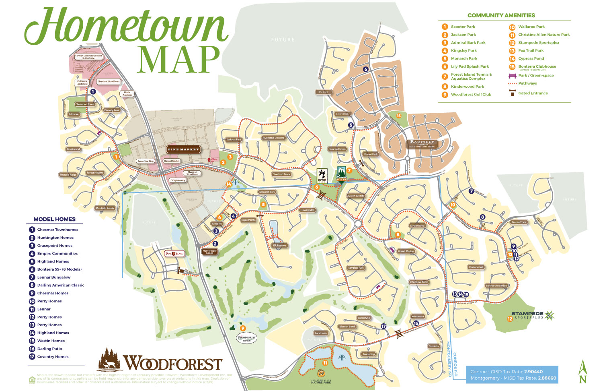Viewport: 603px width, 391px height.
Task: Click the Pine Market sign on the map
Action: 183,149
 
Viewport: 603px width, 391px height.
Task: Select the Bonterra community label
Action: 422,144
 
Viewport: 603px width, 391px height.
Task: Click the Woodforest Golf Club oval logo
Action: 246,338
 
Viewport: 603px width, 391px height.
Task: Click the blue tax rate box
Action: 512,375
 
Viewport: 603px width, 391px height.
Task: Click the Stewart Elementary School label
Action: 88,57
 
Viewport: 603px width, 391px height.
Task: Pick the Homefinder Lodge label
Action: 210,252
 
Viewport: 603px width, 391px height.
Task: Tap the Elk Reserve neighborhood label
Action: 279,245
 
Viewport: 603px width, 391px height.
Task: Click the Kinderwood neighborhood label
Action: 417,225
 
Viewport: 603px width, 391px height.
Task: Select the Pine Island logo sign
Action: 174,253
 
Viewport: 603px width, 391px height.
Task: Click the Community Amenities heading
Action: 501,15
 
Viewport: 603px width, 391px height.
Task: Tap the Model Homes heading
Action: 54,219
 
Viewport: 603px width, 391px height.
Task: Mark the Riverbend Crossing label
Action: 273,138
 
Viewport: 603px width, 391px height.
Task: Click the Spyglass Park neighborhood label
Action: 356,268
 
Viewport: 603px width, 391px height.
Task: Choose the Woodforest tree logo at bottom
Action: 109,359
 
